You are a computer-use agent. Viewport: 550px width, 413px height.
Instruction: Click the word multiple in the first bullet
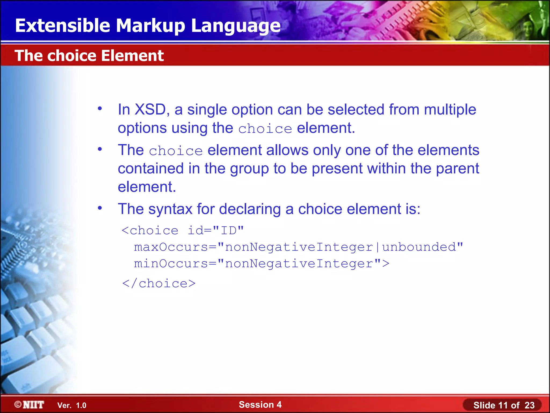pyautogui.click(x=450, y=110)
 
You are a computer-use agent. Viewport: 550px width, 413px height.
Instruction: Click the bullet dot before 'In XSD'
pyautogui.click(x=100, y=109)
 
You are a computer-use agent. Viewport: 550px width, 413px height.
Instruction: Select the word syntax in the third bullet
pyautogui.click(x=170, y=209)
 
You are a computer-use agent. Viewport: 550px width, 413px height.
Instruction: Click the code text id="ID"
pyautogui.click(x=215, y=231)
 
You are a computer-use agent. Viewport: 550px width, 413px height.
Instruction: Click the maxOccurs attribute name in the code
pyautogui.click(x=171, y=247)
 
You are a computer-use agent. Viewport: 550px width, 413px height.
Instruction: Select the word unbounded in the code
pyautogui.click(x=419, y=247)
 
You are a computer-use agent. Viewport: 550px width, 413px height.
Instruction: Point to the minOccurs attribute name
pyautogui.click(x=171, y=264)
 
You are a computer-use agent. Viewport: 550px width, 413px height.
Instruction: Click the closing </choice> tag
pyautogui.click(x=159, y=284)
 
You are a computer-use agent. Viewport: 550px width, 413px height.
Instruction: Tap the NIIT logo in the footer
pyautogui.click(x=29, y=405)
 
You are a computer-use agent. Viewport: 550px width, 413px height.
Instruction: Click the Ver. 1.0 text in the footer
pyautogui.click(x=72, y=405)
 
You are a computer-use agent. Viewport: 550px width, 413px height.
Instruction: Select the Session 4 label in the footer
pyautogui.click(x=260, y=404)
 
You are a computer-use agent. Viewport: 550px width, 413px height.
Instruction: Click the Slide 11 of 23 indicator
pyautogui.click(x=504, y=405)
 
